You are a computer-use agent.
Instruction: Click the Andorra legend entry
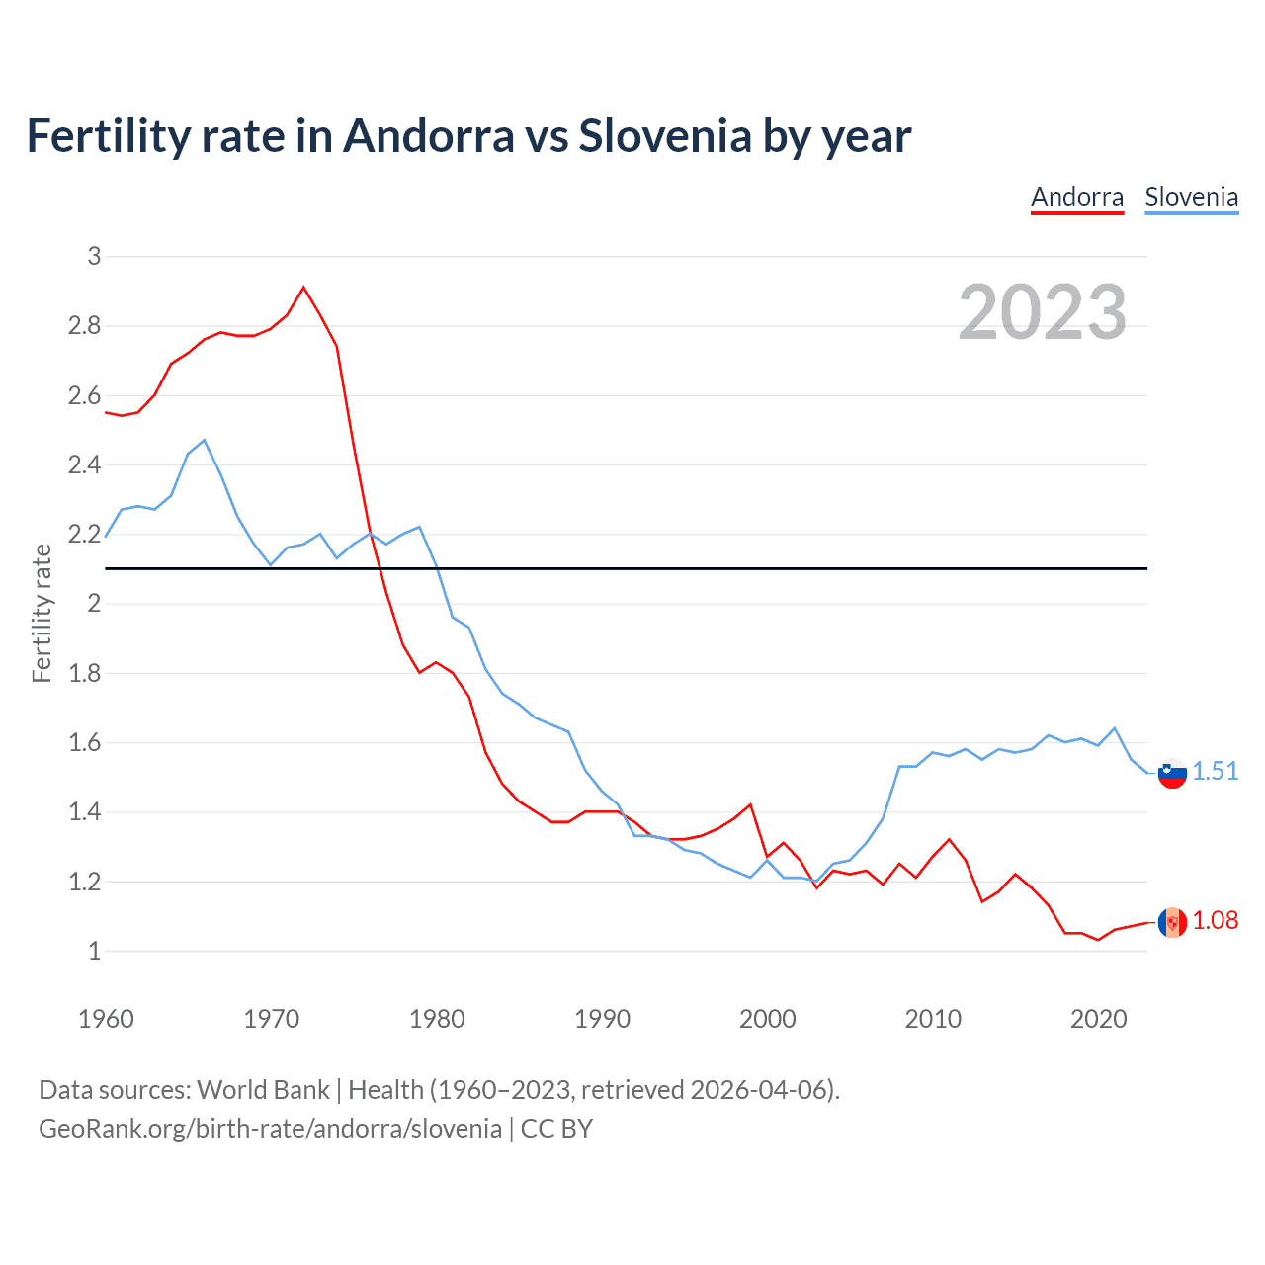pyautogui.click(x=1077, y=197)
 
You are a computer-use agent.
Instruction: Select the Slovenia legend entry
pyautogui.click(x=1191, y=197)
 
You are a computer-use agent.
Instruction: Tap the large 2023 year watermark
pyautogui.click(x=1043, y=312)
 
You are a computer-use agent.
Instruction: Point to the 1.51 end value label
pyautogui.click(x=1215, y=772)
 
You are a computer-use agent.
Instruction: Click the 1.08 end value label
pyautogui.click(x=1215, y=920)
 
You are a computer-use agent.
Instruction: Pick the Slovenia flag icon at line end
pyautogui.click(x=1172, y=773)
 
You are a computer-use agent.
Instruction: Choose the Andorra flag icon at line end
pyautogui.click(x=1172, y=922)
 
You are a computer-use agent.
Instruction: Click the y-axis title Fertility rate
pyautogui.click(x=42, y=613)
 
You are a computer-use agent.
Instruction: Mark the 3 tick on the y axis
pyautogui.click(x=95, y=257)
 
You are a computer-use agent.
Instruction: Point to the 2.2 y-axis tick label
pyautogui.click(x=85, y=535)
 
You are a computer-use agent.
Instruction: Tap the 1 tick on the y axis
pyautogui.click(x=95, y=952)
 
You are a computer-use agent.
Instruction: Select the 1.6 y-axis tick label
pyautogui.click(x=85, y=743)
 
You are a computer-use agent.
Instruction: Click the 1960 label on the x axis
pyautogui.click(x=106, y=1019)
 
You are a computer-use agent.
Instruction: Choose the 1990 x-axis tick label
pyautogui.click(x=602, y=1019)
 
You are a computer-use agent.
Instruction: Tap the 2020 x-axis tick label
pyautogui.click(x=1098, y=1019)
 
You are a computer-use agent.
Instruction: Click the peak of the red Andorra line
pyautogui.click(x=303, y=288)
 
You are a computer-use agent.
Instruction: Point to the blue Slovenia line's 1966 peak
pyautogui.click(x=205, y=441)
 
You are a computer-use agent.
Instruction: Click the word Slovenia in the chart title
pyautogui.click(x=665, y=136)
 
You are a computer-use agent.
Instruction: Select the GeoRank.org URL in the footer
pyautogui.click(x=270, y=1129)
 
